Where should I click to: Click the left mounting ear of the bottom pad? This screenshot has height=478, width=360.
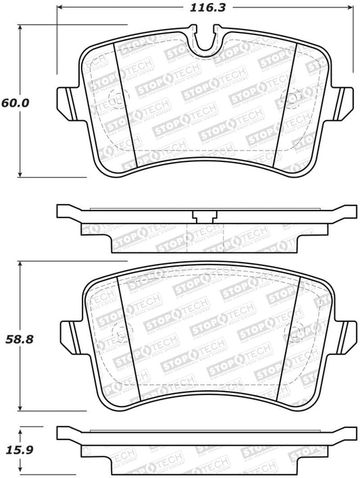pos(68,333)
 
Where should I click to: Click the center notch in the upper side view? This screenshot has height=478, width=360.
pos(202,217)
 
